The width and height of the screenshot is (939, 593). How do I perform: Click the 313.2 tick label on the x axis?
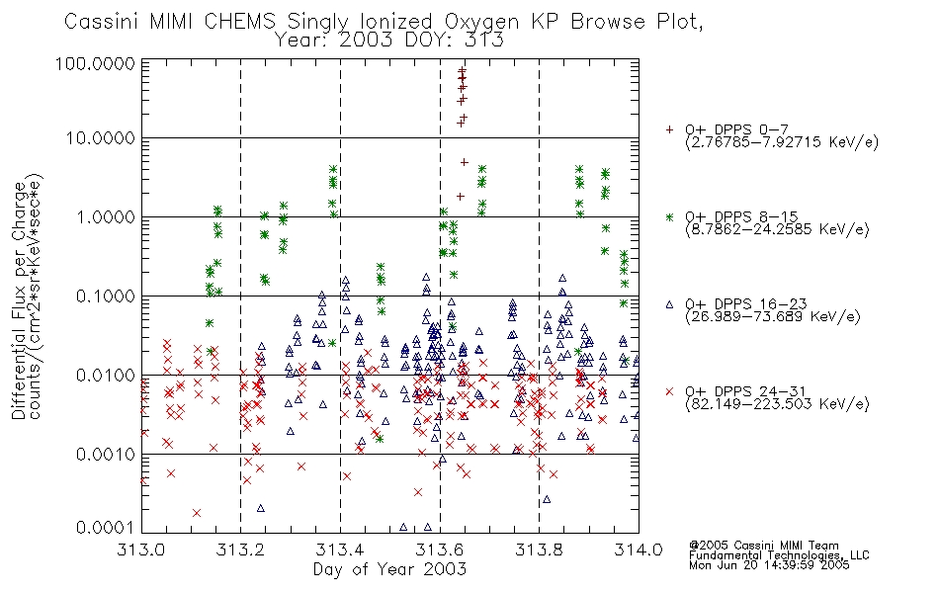241,550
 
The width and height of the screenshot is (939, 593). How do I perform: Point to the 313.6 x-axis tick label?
440,550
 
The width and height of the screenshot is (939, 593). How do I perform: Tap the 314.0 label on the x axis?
639,550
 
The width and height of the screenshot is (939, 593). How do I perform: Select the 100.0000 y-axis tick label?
96,63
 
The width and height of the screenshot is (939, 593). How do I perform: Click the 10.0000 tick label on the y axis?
101,138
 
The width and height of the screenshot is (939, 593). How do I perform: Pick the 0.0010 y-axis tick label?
106,455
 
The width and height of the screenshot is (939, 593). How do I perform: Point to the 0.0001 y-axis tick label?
106,528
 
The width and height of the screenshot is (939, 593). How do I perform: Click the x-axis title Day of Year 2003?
389,569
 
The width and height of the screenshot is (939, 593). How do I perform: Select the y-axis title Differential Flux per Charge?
19,300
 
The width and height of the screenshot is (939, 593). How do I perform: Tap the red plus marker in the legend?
669,129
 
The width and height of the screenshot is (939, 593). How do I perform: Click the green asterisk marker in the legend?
669,216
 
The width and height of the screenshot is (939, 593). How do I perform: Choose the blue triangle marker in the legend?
669,304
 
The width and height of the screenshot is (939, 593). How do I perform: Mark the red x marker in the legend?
669,391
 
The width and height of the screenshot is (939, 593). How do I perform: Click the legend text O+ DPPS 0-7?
736,130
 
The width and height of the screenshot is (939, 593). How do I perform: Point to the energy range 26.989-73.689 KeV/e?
773,316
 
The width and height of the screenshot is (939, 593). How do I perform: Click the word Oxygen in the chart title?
482,22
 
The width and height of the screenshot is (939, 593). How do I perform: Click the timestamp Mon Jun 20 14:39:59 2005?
769,565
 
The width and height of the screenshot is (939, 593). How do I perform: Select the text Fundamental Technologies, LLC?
779,555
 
